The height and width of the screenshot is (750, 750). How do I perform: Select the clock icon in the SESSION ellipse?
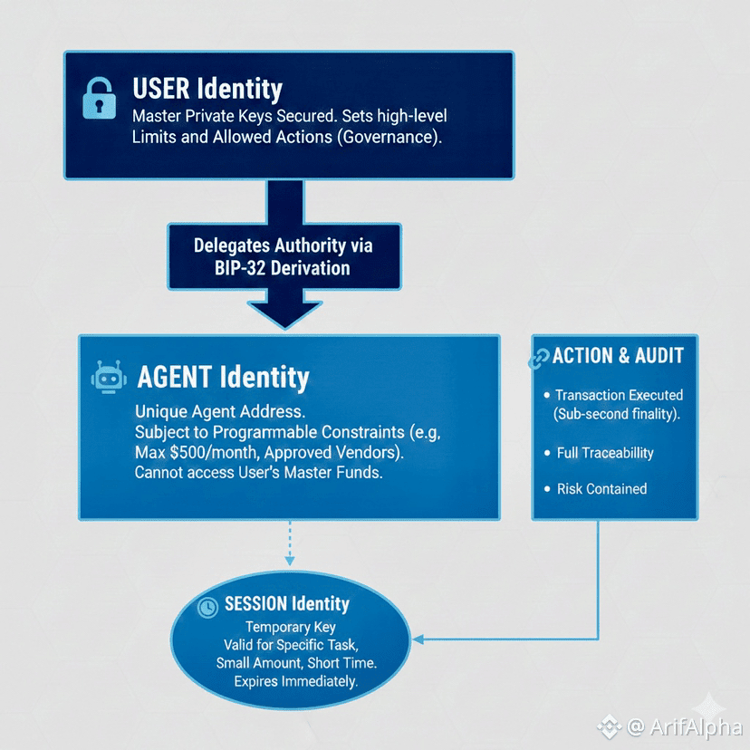click(207, 606)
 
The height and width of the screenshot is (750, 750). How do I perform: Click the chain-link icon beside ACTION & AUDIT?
click(539, 358)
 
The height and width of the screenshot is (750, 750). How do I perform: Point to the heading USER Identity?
click(207, 89)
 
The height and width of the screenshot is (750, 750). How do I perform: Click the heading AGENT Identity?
click(223, 377)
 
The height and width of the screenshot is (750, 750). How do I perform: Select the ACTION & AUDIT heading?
click(617, 356)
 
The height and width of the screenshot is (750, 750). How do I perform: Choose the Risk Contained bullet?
click(601, 489)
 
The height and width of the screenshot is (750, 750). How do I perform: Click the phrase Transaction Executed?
click(619, 396)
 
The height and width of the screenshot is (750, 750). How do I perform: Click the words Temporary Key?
click(290, 627)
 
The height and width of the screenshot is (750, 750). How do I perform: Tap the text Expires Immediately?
click(295, 681)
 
